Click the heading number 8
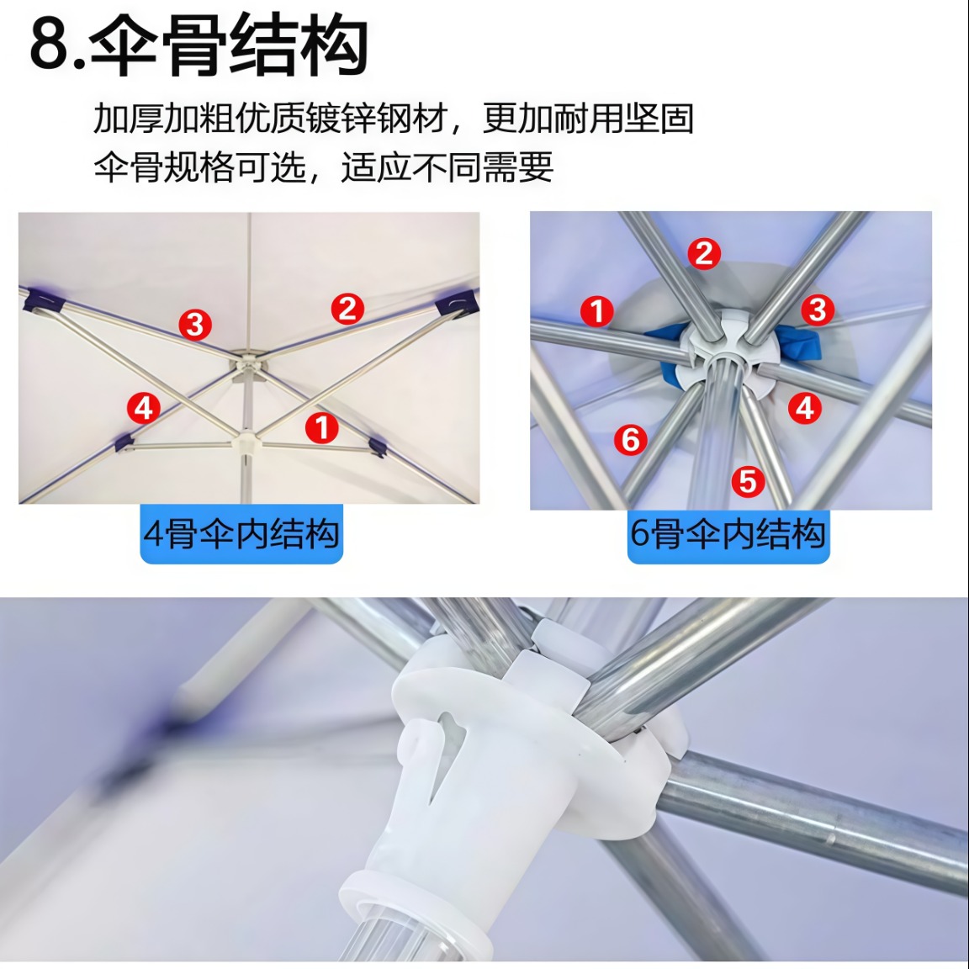coord(50,45)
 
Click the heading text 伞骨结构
coord(229,45)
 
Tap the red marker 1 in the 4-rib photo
coord(321,427)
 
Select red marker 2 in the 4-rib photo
coord(347,309)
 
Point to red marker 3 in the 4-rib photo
coord(195,325)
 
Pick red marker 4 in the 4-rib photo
coord(143,408)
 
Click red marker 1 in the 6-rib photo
coord(597,311)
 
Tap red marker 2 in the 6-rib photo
coord(704,253)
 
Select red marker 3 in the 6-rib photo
coord(818,310)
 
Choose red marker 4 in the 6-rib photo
coord(805,408)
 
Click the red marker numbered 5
coord(748,481)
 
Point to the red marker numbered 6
coord(630,439)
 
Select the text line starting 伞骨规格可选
coord(323,167)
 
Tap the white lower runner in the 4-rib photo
coord(246,442)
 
